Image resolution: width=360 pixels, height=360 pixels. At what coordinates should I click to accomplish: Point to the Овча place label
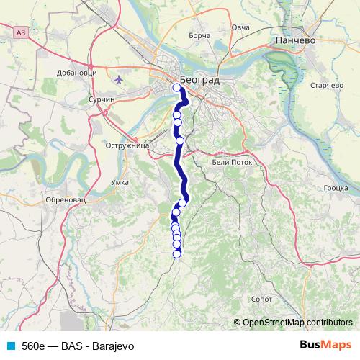click(x=240, y=27)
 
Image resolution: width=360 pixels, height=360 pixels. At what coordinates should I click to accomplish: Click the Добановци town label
click(x=76, y=73)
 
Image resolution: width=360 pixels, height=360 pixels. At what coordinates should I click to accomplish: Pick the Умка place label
click(x=120, y=183)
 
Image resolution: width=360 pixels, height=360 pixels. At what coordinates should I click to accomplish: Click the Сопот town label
click(x=261, y=297)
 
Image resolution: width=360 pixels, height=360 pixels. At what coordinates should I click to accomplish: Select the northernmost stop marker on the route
click(x=177, y=88)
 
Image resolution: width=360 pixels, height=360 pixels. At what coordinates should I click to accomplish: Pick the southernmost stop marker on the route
click(x=177, y=252)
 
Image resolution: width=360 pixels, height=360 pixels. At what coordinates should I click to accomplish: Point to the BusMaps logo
click(x=325, y=345)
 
